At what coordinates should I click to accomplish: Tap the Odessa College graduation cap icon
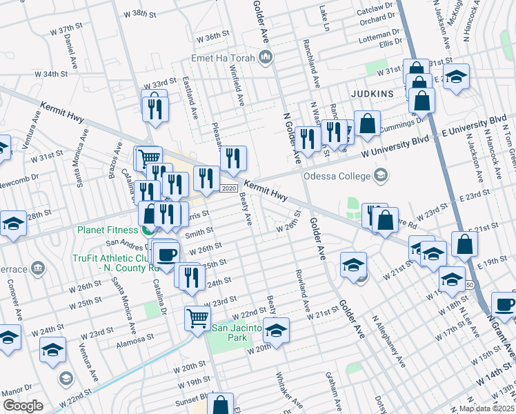point(380,176)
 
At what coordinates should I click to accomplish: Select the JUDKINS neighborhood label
point(371,92)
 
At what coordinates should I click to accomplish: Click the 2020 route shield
point(229,188)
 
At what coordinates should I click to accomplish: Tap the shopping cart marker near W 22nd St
point(197,318)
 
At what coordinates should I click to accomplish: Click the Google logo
point(23,406)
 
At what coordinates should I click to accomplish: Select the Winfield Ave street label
point(237,90)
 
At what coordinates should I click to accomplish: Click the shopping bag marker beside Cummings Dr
point(368,124)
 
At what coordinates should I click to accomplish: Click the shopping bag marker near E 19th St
point(465,244)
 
